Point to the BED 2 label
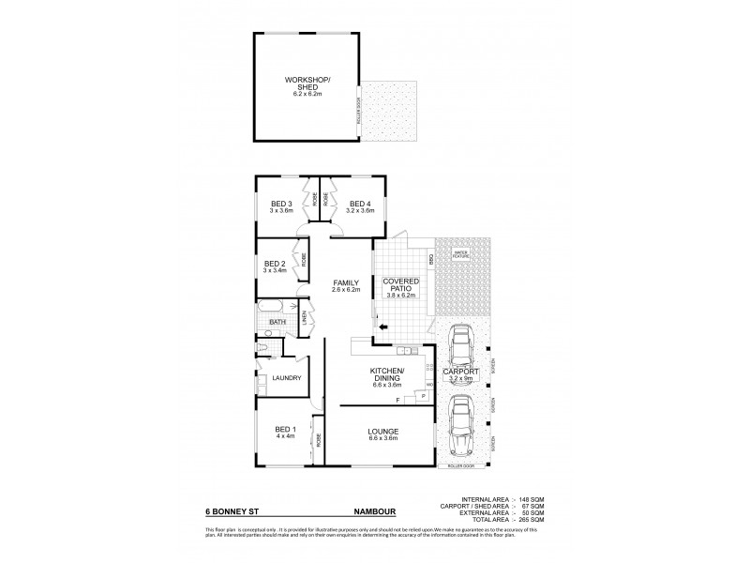pos(275,266)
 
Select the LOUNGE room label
pos(386,433)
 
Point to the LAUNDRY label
pos(286,378)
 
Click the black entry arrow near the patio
pos(383,327)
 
